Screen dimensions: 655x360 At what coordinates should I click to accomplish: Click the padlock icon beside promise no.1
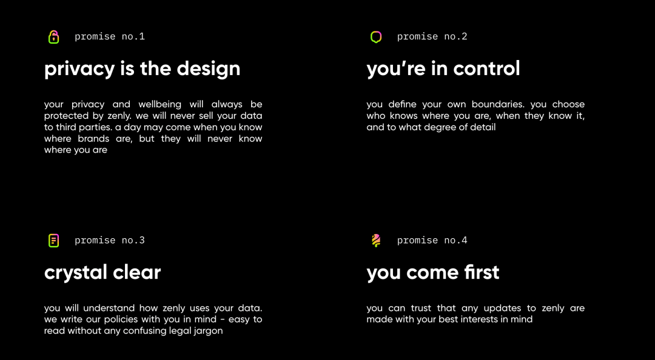click(x=53, y=37)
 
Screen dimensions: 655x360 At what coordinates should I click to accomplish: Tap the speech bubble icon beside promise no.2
click(x=376, y=37)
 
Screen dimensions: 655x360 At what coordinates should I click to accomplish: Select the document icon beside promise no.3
click(x=53, y=241)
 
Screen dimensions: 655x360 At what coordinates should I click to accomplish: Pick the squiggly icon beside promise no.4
click(x=376, y=241)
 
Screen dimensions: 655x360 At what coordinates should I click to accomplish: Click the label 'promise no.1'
click(x=110, y=37)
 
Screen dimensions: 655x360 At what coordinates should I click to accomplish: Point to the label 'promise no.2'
click(x=432, y=37)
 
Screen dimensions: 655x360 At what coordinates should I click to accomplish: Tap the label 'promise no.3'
click(x=110, y=240)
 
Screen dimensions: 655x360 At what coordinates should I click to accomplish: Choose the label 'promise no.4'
click(x=432, y=240)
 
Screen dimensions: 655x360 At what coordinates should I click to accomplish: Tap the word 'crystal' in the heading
click(x=70, y=273)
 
